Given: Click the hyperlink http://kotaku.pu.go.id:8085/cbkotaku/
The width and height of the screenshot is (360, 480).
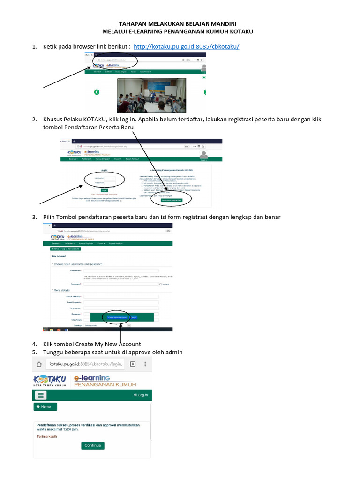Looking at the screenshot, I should (x=187, y=47).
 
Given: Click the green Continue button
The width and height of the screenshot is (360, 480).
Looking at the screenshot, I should (x=92, y=445).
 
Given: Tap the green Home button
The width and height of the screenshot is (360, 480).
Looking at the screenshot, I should (x=45, y=407).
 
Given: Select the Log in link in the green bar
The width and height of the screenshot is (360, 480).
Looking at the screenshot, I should (x=141, y=395).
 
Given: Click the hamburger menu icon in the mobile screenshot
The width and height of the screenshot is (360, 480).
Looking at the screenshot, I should (x=41, y=395).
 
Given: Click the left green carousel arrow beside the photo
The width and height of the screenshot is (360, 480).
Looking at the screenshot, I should (x=97, y=92).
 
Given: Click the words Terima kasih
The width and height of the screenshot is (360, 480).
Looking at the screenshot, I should (x=46, y=436).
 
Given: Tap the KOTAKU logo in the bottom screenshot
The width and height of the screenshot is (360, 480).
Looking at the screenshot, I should (x=50, y=380).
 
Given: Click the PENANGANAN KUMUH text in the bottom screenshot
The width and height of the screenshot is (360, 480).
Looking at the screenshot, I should (x=105, y=385).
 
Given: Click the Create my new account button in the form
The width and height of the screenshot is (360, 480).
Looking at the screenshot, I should (x=117, y=317).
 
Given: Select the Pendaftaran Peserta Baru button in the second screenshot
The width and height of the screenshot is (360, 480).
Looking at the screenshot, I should (x=171, y=200).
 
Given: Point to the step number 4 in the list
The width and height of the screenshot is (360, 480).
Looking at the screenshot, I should (x=34, y=344).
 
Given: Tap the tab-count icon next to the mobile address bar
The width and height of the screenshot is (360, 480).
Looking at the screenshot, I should (x=133, y=364).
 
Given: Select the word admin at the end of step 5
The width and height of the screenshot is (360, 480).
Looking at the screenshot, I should (x=173, y=352).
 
